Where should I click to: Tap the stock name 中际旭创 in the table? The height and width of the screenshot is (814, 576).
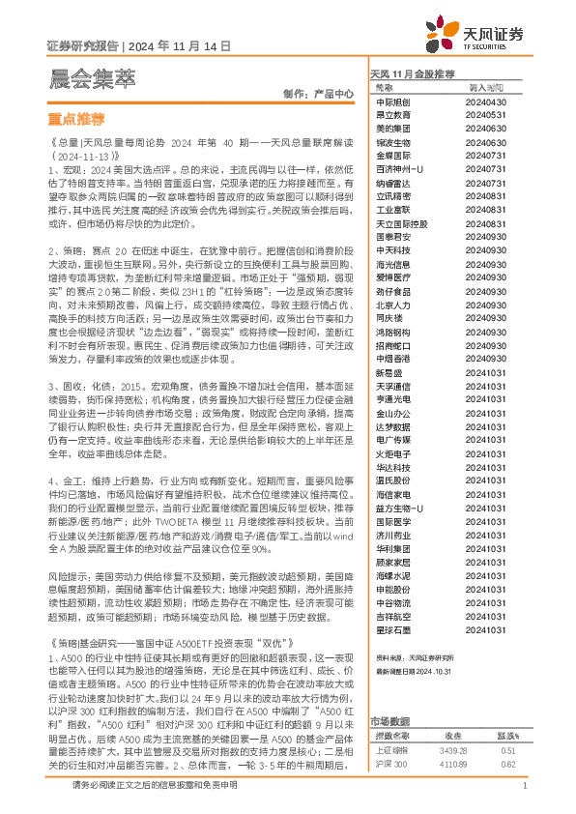coord(393,102)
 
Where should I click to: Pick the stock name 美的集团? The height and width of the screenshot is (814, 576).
coord(393,128)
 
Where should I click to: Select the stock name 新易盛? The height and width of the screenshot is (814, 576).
coord(389,371)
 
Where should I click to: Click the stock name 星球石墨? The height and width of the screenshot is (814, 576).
coord(393,600)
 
